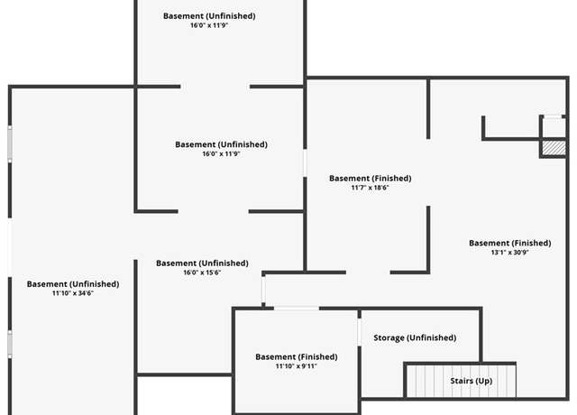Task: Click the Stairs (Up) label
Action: [471, 381]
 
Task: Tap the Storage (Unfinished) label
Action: [415, 337]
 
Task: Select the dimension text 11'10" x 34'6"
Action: [73, 293]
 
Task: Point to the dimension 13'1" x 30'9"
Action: [509, 253]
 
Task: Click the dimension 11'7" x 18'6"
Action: [370, 188]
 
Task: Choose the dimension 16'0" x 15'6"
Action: [202, 272]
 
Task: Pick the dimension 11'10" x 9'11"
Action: [297, 366]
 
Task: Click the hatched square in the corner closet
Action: [554, 148]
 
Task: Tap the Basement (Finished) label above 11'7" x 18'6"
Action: [371, 179]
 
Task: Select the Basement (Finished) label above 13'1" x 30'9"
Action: [510, 243]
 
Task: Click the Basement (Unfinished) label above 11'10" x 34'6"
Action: [73, 284]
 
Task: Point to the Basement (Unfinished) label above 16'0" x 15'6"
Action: [202, 263]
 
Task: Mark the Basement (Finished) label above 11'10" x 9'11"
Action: [297, 357]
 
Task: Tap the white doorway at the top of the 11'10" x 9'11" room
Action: [297, 309]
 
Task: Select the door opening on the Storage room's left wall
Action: [360, 332]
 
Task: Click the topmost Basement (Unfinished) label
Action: [209, 16]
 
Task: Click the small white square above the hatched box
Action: [554, 127]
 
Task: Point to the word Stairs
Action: [462, 381]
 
